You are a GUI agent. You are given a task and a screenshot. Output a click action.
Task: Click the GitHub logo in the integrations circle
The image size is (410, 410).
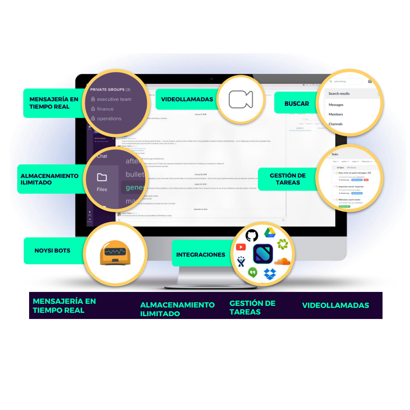[252, 235]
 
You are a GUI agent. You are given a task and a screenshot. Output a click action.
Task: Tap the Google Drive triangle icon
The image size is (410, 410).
[269, 232]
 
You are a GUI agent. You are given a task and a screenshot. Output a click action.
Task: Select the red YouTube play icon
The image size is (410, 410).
[241, 247]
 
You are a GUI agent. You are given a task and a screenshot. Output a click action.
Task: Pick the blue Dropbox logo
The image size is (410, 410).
[269, 273]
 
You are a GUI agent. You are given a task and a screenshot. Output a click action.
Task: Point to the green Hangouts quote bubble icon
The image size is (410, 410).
[253, 272]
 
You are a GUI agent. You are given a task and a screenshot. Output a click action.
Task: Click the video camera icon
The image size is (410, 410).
[241, 99]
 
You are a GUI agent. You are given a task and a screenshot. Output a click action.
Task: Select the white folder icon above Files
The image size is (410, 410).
[102, 177]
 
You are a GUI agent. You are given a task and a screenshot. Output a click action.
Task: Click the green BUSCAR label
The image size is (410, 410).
[296, 104]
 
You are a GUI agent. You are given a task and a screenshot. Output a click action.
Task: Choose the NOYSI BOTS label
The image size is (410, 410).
[52, 251]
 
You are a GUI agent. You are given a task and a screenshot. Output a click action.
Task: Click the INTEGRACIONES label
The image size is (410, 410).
[200, 255]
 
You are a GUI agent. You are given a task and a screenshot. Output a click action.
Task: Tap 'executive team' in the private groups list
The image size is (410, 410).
[114, 99]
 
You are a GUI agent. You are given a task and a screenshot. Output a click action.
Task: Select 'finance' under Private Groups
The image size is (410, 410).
[105, 109]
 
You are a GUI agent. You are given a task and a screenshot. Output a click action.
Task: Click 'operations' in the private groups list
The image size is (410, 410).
[109, 118]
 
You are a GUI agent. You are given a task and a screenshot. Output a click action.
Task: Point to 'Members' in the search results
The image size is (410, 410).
[336, 114]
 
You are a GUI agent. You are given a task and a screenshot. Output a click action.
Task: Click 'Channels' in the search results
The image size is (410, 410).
[335, 124]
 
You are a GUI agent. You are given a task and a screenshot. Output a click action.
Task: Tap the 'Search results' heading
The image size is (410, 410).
[339, 93]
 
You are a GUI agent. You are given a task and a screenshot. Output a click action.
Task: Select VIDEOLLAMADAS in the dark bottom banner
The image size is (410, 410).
[335, 305]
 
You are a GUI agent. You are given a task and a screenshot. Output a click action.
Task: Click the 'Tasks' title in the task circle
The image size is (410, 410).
[335, 154]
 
